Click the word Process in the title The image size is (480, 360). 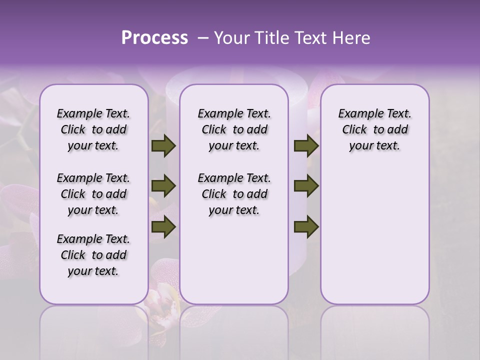[154, 38]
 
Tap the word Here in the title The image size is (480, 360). [352, 38]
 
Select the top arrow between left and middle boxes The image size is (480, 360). [163, 146]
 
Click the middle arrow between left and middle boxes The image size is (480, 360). [163, 186]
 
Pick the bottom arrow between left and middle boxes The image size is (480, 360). [163, 227]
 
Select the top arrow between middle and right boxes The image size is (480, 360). [306, 146]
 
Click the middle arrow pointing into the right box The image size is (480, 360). [306, 186]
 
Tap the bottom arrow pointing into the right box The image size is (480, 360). [306, 227]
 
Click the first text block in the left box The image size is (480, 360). [93, 129]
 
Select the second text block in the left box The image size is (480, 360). [93, 194]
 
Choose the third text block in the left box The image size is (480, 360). [93, 255]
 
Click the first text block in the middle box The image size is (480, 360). [234, 129]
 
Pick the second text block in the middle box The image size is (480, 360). [234, 194]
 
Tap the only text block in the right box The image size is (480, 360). [374, 129]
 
